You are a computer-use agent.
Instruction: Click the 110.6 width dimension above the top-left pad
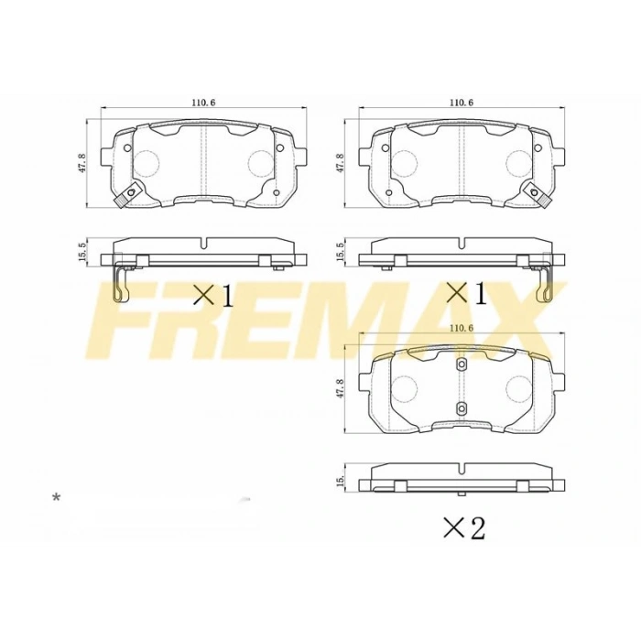(203, 102)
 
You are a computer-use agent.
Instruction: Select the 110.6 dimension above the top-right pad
(461, 102)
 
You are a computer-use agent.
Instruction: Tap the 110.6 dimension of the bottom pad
(461, 328)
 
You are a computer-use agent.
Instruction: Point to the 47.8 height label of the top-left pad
(82, 163)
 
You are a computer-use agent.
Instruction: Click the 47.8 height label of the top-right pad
(341, 163)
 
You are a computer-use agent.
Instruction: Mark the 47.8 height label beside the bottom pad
(341, 388)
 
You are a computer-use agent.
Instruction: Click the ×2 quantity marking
(463, 527)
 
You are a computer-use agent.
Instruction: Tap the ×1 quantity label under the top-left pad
(213, 295)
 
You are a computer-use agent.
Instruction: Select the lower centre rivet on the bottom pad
(461, 408)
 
